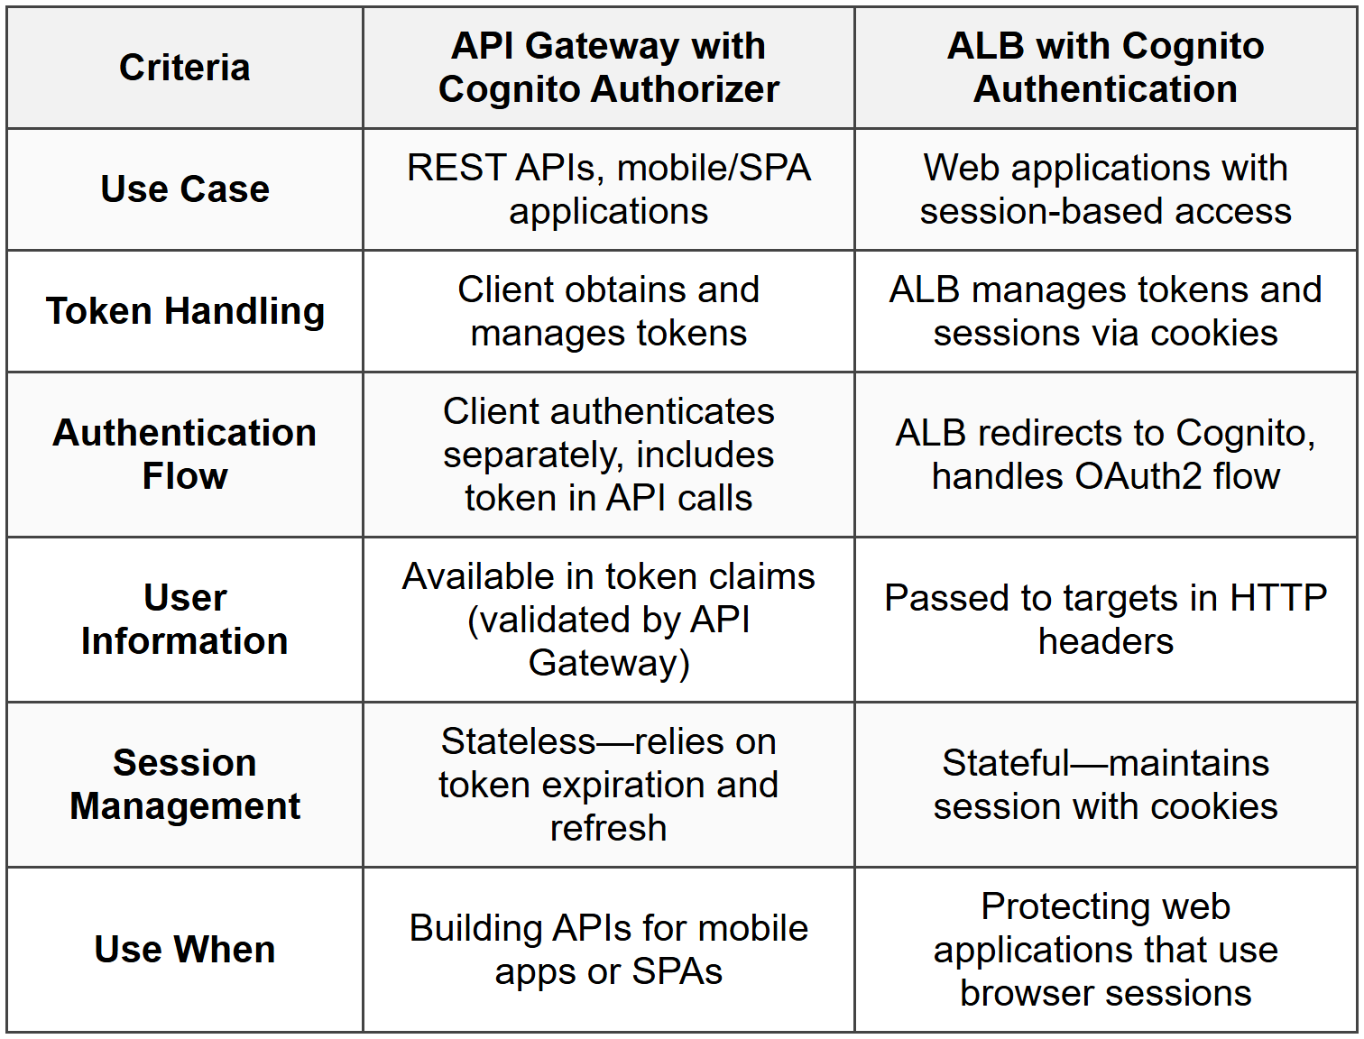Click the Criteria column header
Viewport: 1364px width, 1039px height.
coord(185,68)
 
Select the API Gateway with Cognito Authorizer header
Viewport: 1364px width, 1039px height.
coord(608,68)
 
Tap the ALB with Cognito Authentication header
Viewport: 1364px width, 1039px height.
coord(1105,68)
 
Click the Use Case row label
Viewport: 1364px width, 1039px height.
coord(185,189)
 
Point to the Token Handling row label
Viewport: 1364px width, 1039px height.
coord(185,311)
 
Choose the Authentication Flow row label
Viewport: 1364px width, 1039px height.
coord(185,455)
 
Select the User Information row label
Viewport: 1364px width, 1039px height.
coord(185,620)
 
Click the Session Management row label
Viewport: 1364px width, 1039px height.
coord(185,785)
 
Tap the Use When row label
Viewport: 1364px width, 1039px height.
coord(185,950)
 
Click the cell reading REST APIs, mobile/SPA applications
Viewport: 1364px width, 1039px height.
coord(608,189)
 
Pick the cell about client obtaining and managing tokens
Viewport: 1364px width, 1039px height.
coord(608,311)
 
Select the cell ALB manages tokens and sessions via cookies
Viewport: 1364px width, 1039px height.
coord(1105,311)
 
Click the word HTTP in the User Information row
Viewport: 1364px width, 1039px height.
coord(1278,599)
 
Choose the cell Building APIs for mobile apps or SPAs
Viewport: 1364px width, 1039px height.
coord(608,950)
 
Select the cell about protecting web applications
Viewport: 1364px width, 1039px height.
coord(1105,950)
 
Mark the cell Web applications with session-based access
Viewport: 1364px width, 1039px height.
coord(1105,189)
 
